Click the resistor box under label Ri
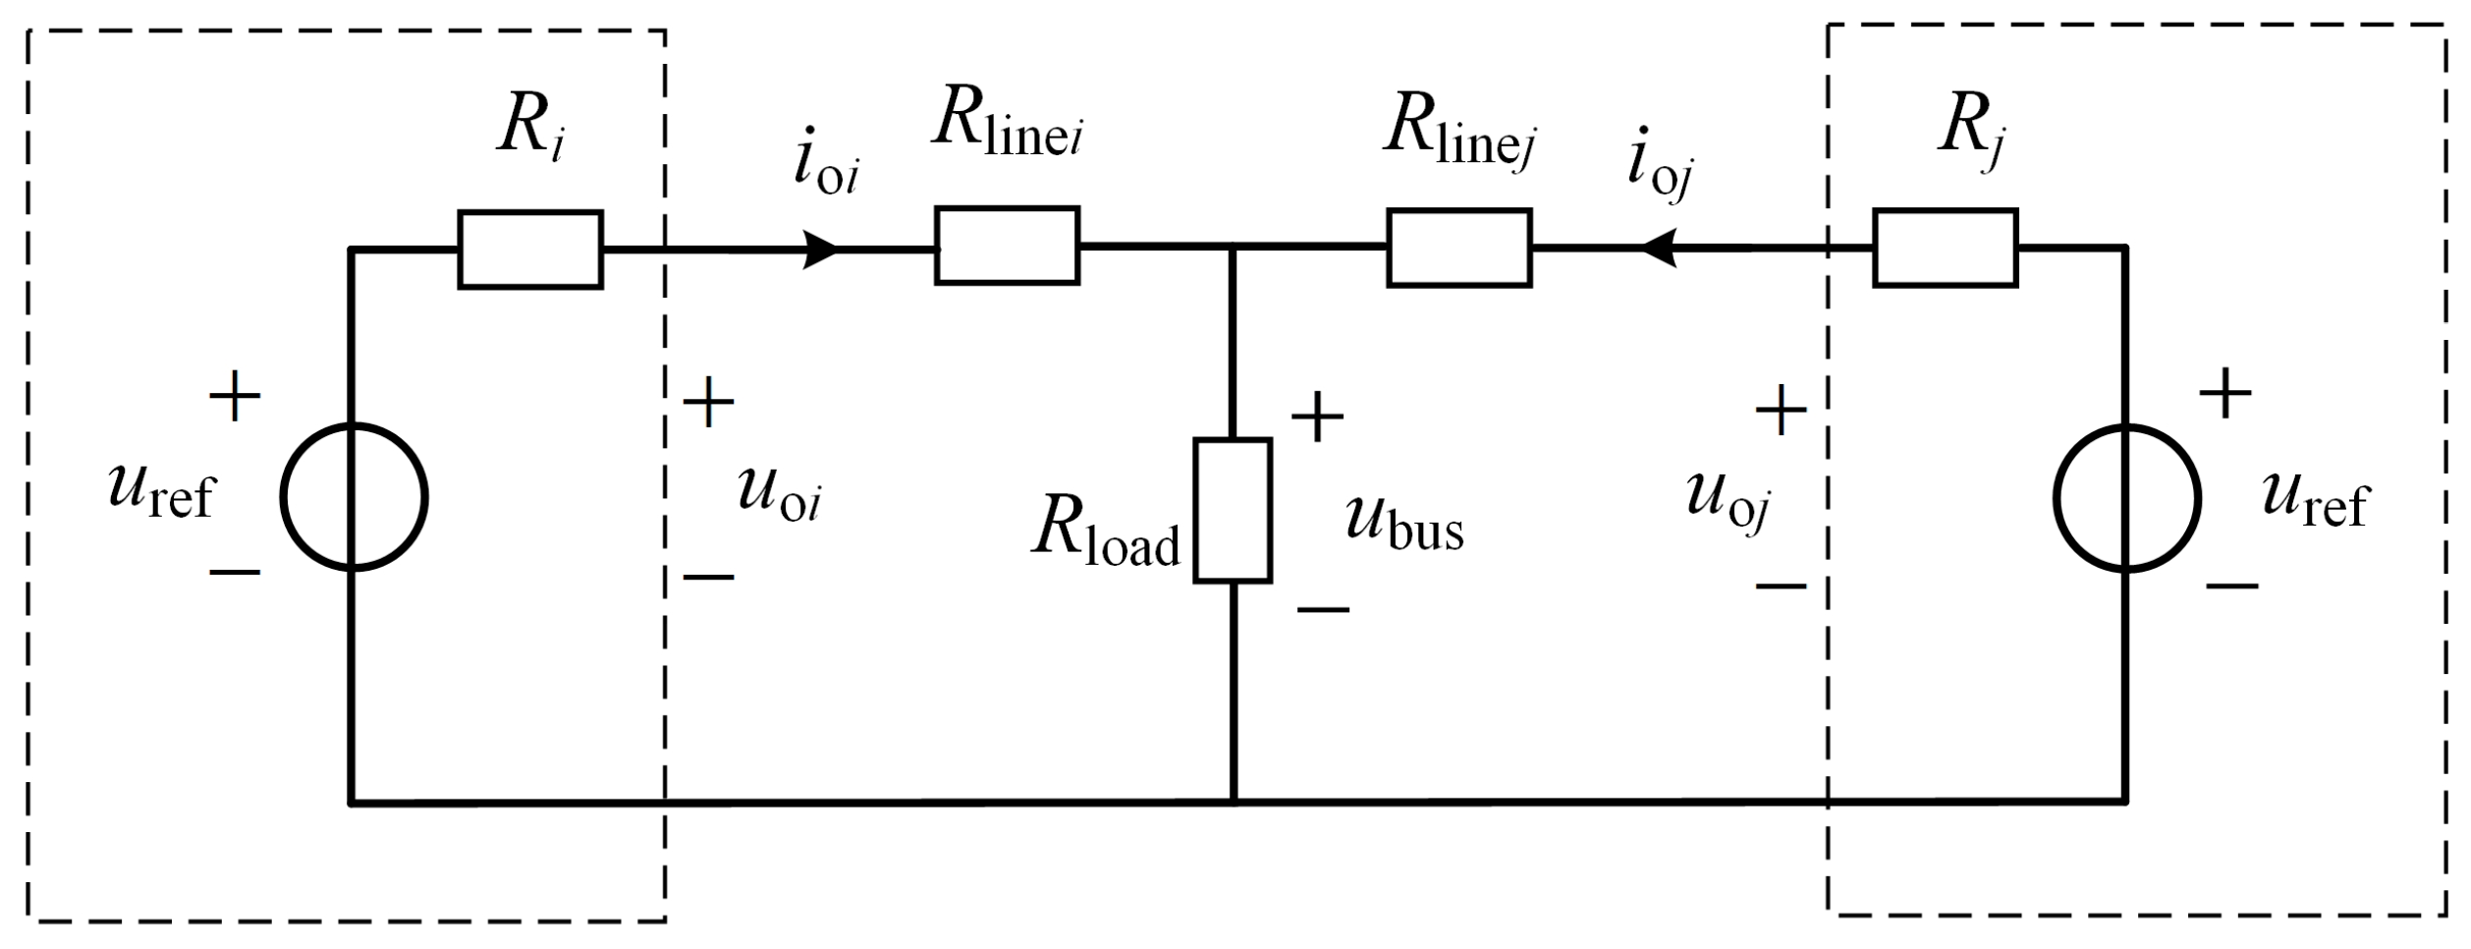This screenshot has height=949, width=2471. click(530, 250)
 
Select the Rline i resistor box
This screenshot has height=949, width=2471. click(1007, 246)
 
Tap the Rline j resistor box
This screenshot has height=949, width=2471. click(1458, 248)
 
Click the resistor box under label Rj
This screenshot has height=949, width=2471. click(1946, 248)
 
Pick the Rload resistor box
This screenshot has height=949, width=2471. click(1233, 511)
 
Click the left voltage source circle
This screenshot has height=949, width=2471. click(354, 497)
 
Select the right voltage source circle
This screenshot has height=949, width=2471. click(2126, 498)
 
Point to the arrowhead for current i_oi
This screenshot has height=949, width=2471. click(820, 250)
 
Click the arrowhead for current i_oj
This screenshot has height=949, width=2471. click(1658, 248)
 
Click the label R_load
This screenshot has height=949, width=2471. click(1105, 538)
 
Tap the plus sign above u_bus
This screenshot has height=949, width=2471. click(1317, 417)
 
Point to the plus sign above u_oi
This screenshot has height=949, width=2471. click(708, 402)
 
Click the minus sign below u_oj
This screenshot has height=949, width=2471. click(1781, 586)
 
